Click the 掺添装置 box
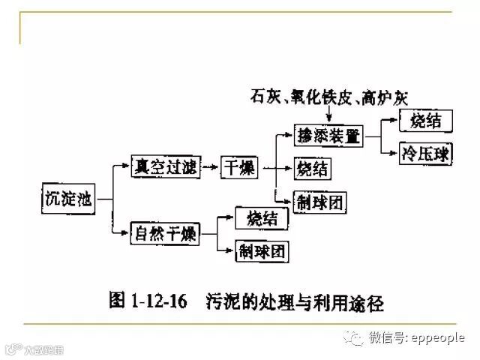[328, 136]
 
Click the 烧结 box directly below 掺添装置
[312, 169]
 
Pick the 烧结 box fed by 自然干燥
[262, 218]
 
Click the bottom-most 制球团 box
[262, 250]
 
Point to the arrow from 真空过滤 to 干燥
[211, 168]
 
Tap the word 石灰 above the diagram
[265, 97]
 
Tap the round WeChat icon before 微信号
[353, 338]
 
